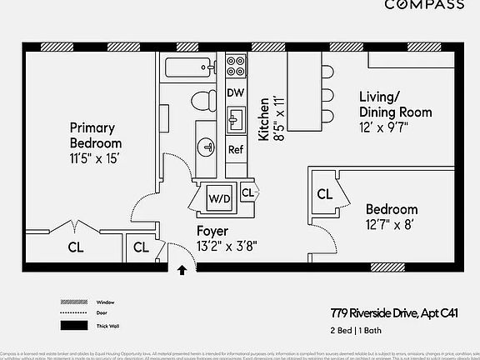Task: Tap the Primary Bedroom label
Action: [102, 135]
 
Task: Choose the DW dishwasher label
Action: [236, 92]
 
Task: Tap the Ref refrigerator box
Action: [236, 150]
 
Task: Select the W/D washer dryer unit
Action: [219, 198]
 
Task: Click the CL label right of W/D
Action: [247, 193]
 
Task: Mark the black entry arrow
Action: [182, 269]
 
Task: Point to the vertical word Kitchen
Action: [264, 117]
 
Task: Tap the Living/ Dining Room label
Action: [395, 104]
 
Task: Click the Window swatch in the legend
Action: [72, 302]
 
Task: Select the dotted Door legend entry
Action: [72, 313]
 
